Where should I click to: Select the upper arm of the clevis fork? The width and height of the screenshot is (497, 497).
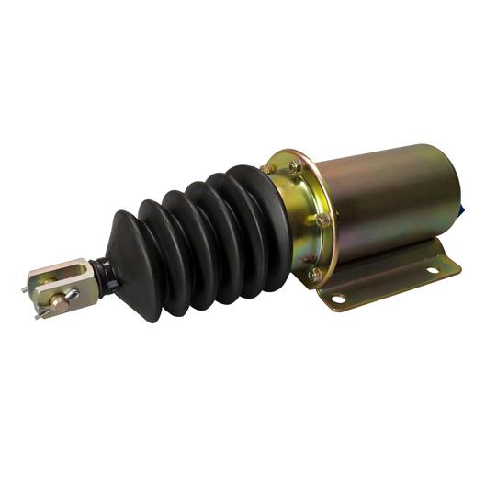[64, 269]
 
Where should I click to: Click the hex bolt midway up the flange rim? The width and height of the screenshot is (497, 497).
[322, 220]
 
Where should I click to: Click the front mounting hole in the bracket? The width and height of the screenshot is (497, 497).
[337, 299]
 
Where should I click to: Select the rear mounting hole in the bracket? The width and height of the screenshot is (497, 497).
[429, 270]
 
